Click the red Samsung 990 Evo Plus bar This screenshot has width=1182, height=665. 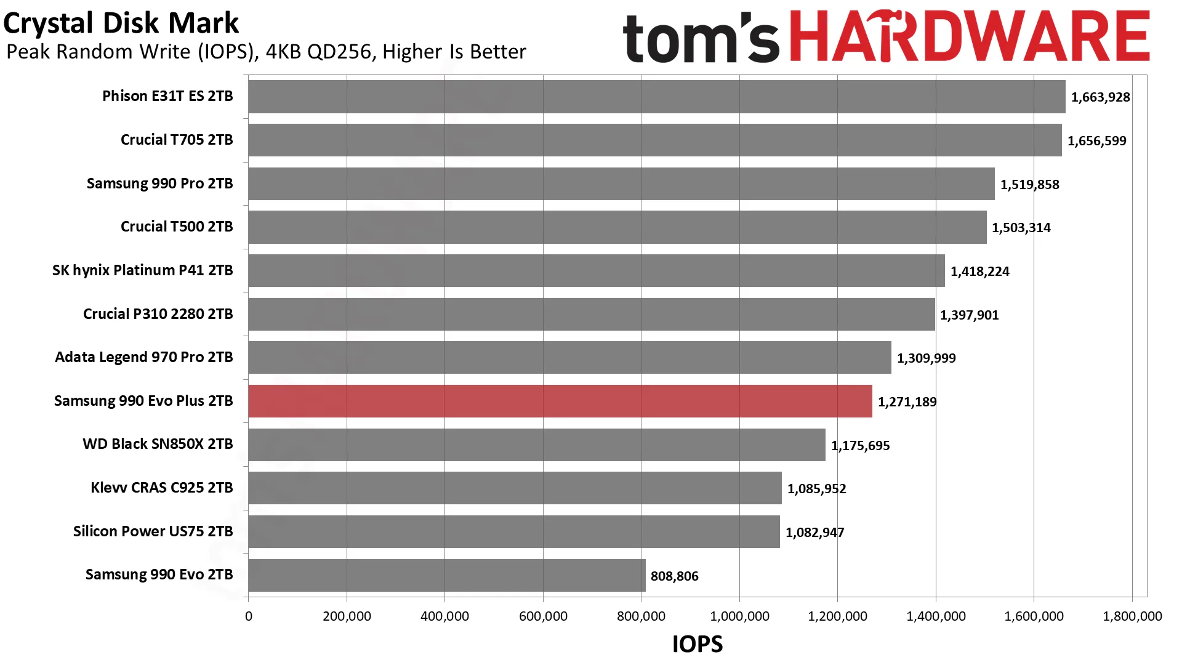coord(560,401)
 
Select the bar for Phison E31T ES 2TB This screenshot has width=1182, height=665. coord(657,97)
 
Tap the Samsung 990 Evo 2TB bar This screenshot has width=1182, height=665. coord(447,575)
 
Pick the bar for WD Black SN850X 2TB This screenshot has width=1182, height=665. coord(537,445)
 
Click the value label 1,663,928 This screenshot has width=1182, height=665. coord(1101,97)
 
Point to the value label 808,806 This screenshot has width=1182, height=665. coord(675,576)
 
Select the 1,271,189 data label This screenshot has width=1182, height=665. coord(907,402)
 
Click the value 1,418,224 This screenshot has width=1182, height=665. coord(980,272)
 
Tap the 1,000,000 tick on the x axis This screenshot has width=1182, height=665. coord(740,616)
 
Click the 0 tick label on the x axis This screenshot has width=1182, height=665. coord(249,616)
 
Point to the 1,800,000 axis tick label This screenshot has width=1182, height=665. coord(1133,616)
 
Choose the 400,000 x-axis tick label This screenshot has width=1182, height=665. coord(445,616)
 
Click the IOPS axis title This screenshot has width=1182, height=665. coord(698,644)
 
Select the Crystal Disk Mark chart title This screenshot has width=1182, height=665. coord(121,23)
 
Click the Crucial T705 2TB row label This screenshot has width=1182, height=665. coord(177,140)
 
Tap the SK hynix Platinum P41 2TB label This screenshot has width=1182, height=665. coord(143,270)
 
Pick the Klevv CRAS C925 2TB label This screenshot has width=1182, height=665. coord(162,488)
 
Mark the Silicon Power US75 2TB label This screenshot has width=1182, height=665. coord(153,531)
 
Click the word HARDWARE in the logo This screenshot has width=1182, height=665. coord(970,36)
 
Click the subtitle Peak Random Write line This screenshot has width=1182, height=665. coord(267,52)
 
